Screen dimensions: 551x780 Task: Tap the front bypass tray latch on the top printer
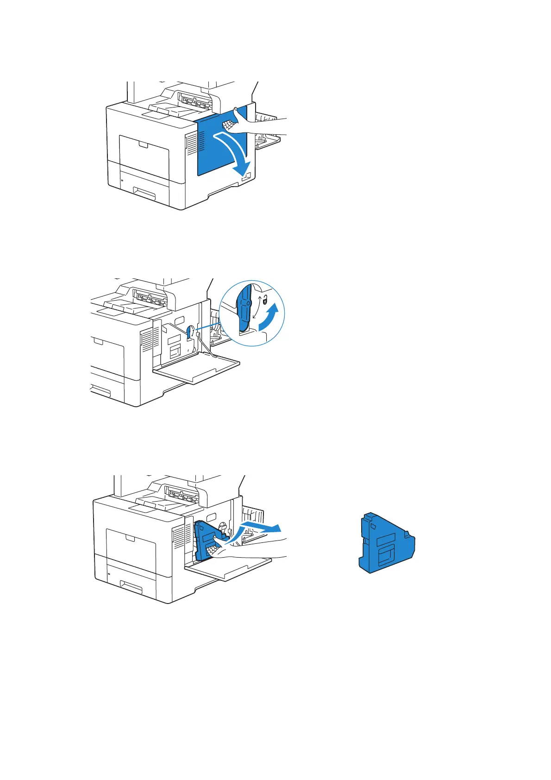pos(143,145)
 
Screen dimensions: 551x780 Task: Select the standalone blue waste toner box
pos(387,543)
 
